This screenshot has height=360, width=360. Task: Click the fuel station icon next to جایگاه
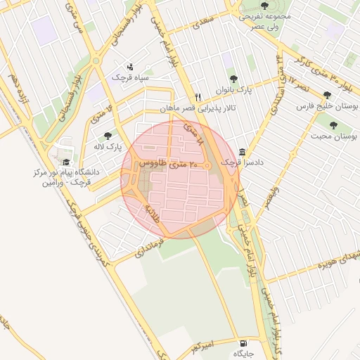[x=243, y=335]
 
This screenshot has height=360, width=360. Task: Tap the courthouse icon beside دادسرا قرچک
[x=242, y=152]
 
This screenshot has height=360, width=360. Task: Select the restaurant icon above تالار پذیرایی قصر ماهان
[x=199, y=98]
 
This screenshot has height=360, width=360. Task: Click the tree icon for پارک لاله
[x=108, y=136]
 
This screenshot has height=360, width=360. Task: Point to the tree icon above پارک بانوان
[x=233, y=79]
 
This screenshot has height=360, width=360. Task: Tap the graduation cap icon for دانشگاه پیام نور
[x=67, y=162]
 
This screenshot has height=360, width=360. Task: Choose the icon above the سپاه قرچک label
[x=129, y=65]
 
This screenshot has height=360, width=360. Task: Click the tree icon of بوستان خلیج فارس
[x=326, y=94]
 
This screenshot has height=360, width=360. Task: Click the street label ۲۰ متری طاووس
[x=169, y=163]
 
